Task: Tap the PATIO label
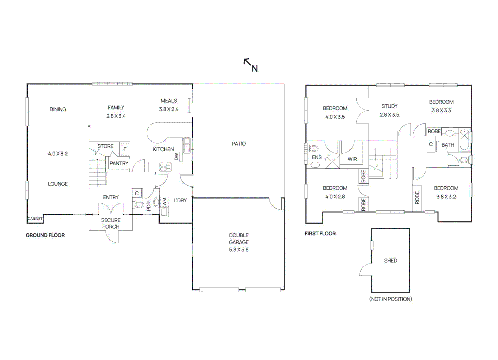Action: [239, 144]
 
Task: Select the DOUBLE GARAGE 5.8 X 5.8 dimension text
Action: [239, 250]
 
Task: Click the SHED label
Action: [390, 261]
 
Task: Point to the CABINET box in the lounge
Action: [35, 219]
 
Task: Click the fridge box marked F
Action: [125, 149]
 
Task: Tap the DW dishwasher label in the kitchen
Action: [177, 156]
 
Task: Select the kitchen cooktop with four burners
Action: [165, 167]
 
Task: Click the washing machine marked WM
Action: [164, 202]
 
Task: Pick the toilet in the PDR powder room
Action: [139, 204]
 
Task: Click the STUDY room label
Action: [389, 106]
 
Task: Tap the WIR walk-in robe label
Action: [352, 159]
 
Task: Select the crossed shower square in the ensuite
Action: [332, 162]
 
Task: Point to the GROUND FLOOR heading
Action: [45, 235]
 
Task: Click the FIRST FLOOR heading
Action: [320, 233]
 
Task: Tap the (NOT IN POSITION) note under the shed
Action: [390, 299]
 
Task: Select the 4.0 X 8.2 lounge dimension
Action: [58, 154]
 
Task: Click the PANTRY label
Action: [119, 163]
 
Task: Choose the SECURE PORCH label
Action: [111, 223]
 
